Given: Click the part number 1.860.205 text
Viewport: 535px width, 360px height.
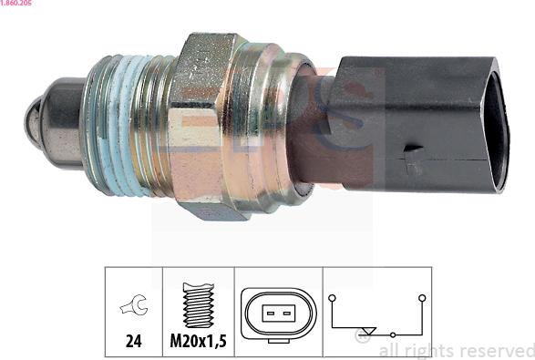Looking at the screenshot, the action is tap(15, 3).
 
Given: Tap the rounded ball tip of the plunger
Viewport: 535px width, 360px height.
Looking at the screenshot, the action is tap(33, 119).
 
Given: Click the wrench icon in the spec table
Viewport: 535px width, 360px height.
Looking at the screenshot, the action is tap(134, 304).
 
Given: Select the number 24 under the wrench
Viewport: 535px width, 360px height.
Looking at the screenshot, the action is tap(134, 341).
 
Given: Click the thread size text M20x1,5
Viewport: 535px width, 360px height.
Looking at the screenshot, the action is tap(199, 341).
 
